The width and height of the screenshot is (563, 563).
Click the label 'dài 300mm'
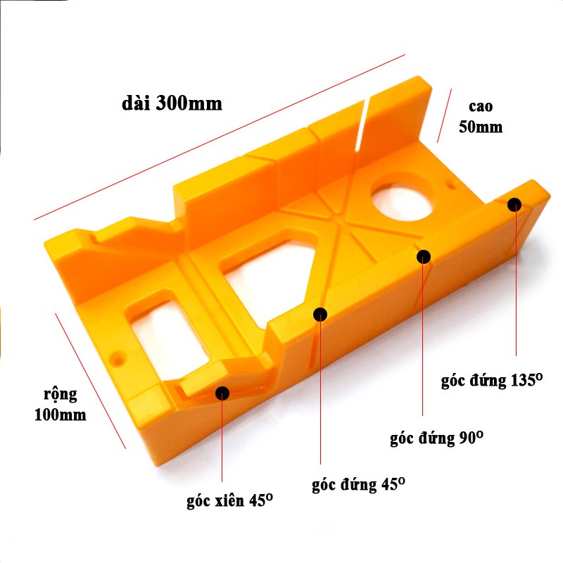pos(172,103)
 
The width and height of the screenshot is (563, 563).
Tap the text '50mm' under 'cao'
pos(481,127)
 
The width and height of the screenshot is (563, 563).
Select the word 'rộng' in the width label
pos(61,395)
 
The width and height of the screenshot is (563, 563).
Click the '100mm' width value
pos(61,415)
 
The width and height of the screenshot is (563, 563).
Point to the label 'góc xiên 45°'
pos(230,500)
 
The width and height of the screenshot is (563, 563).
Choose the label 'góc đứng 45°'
pos(358,484)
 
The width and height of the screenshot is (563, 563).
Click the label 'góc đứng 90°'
pos(436,438)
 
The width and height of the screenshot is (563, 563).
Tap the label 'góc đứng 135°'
pos(491,380)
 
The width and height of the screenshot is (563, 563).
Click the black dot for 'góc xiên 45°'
pos(222,393)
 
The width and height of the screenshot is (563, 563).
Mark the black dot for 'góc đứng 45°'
pos(320,315)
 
